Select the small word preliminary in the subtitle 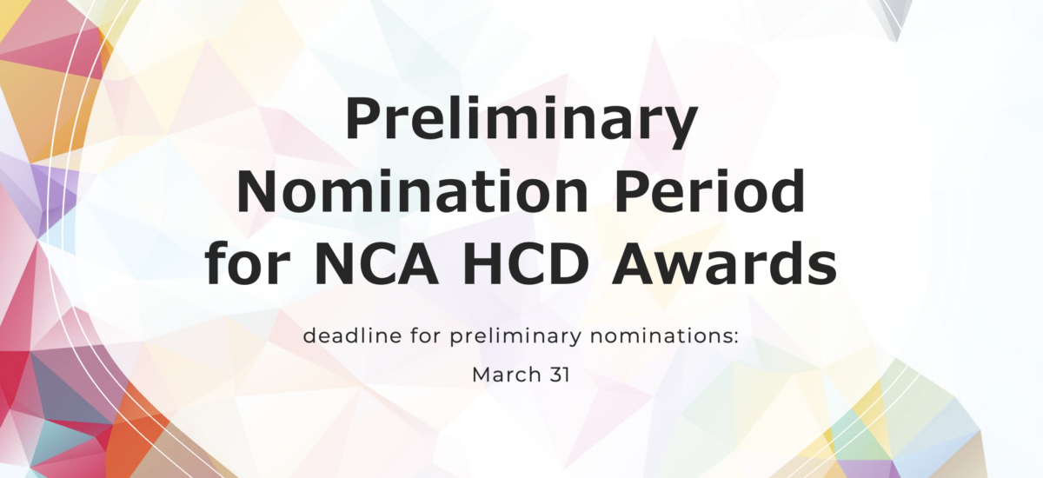point(496,337)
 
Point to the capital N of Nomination point(260,194)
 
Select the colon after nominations point(735,337)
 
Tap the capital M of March point(482,376)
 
